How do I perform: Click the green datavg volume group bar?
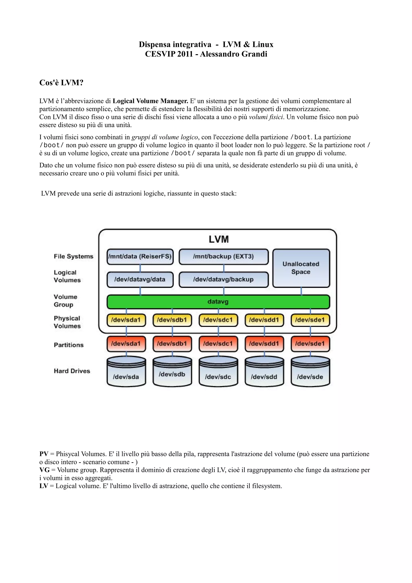pyautogui.click(x=218, y=302)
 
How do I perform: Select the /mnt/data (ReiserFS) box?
pyautogui.click(x=140, y=256)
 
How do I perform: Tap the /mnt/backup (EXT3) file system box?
pyautogui.click(x=223, y=256)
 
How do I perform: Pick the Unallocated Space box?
pyautogui.click(x=301, y=268)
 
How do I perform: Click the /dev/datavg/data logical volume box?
pyautogui.click(x=140, y=279)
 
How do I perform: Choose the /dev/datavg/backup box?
pyautogui.click(x=223, y=279)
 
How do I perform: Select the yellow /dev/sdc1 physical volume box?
pyautogui.click(x=218, y=320)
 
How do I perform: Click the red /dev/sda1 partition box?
pyautogui.click(x=126, y=344)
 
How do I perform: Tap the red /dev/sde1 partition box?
pyautogui.click(x=310, y=344)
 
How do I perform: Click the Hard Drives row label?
pyautogui.click(x=72, y=371)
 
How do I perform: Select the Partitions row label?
pyautogui.click(x=69, y=345)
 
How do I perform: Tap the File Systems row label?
pyautogui.click(x=73, y=256)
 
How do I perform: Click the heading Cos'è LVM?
pyautogui.click(x=61, y=82)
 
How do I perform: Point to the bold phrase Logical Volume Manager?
pyautogui.click(x=150, y=101)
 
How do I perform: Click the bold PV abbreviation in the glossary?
pyautogui.click(x=44, y=454)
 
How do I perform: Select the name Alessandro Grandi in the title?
pyautogui.click(x=234, y=54)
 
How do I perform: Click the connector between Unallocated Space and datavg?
pyautogui.click(x=301, y=291)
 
